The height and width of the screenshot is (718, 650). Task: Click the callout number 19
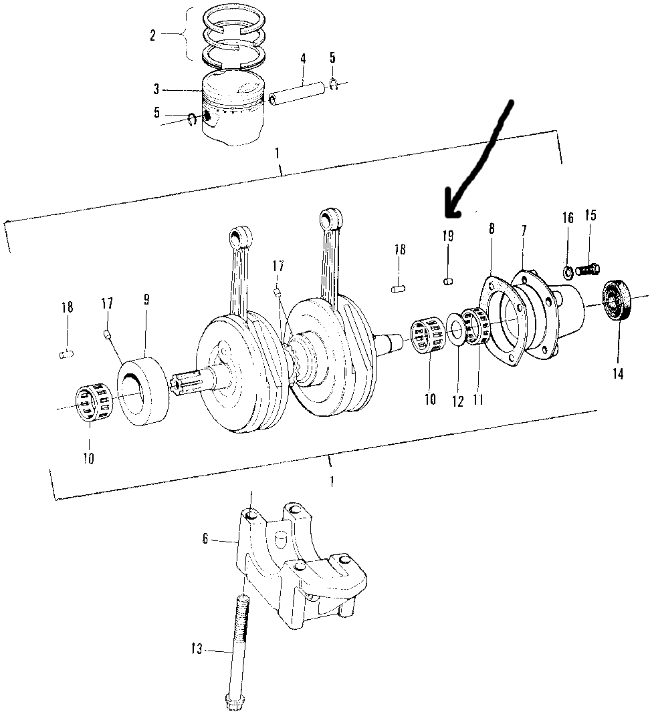(448, 236)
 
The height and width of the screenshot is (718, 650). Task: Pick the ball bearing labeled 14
(617, 301)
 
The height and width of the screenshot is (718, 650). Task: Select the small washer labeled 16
(568, 273)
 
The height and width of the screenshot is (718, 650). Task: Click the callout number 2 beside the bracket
(153, 35)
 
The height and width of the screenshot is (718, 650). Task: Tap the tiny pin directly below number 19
(448, 281)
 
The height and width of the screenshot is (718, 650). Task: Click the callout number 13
(197, 648)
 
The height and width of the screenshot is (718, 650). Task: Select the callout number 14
(618, 373)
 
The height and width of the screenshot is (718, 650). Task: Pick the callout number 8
(492, 228)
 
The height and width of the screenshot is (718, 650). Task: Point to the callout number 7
(524, 230)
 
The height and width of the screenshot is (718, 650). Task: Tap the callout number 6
(205, 538)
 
